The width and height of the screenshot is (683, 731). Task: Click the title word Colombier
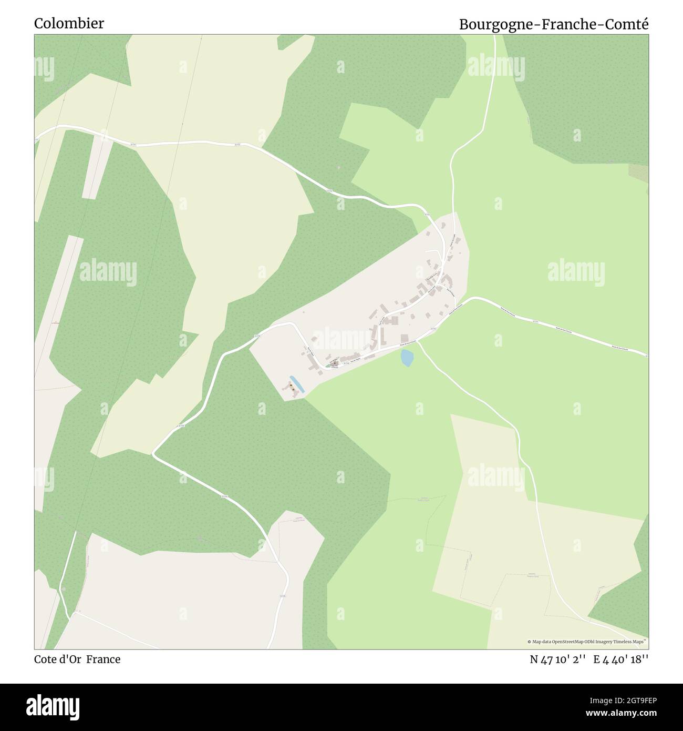pos(69,24)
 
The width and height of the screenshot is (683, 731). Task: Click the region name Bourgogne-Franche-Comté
pos(554,25)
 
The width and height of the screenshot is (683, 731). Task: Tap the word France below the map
pos(104,659)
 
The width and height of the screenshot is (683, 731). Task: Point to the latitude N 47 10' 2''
pos(558,659)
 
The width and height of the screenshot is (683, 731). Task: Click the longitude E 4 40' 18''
pos(621,659)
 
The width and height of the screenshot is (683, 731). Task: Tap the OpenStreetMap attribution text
pos(588,642)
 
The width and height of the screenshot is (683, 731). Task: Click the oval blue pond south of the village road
pos(407,358)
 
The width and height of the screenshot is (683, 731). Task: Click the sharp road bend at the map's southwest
pos(153,453)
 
